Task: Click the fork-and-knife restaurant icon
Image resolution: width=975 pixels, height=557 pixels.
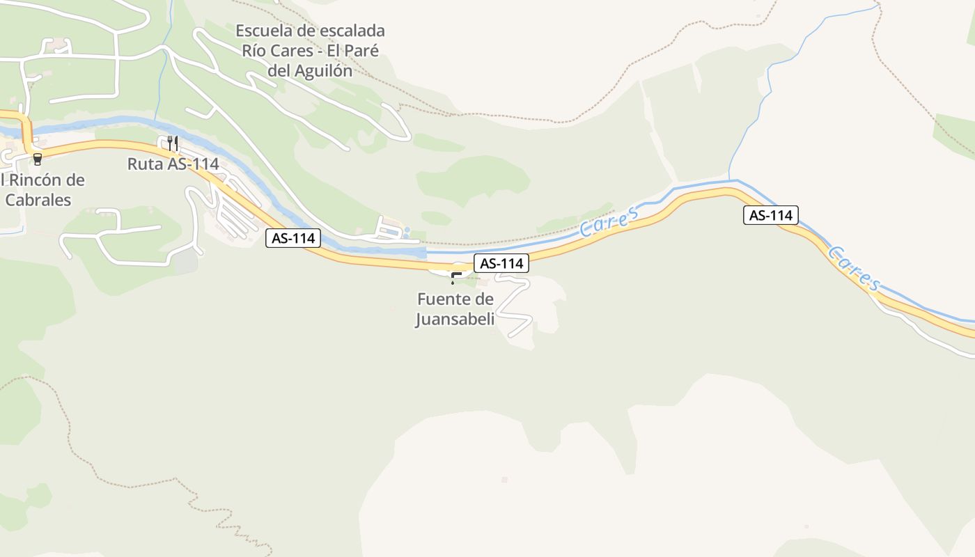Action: pyautogui.click(x=173, y=143)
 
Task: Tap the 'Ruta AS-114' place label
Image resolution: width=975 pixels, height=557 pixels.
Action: pyautogui.click(x=173, y=164)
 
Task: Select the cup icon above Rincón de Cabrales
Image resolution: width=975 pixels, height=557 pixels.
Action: pyautogui.click(x=37, y=159)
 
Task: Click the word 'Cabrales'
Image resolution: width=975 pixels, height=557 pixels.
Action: pyautogui.click(x=38, y=200)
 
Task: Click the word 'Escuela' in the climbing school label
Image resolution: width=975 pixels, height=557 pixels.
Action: pyautogui.click(x=262, y=31)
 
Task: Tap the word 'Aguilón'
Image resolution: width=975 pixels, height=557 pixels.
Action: pyautogui.click(x=323, y=70)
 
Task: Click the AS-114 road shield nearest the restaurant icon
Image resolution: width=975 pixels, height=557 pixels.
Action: pyautogui.click(x=293, y=238)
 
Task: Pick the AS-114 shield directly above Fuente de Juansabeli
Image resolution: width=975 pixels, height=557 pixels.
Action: pyautogui.click(x=501, y=263)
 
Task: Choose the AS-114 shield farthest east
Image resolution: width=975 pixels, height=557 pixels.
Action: pyautogui.click(x=770, y=215)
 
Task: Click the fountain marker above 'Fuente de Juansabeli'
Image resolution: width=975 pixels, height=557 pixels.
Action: pyautogui.click(x=454, y=278)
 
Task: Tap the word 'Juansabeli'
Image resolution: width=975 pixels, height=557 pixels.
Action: pyautogui.click(x=455, y=320)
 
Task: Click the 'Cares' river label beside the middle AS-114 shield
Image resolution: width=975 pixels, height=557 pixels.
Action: pyautogui.click(x=609, y=221)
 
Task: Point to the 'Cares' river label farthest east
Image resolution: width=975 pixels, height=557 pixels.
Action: pyautogui.click(x=855, y=268)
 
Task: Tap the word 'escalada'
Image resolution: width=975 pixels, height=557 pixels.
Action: pyautogui.click(x=352, y=31)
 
